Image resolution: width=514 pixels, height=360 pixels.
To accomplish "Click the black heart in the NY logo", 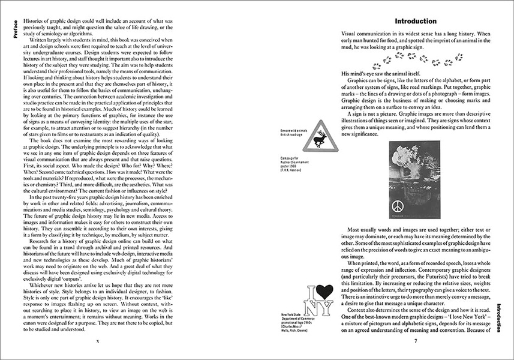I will coord(324,292).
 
